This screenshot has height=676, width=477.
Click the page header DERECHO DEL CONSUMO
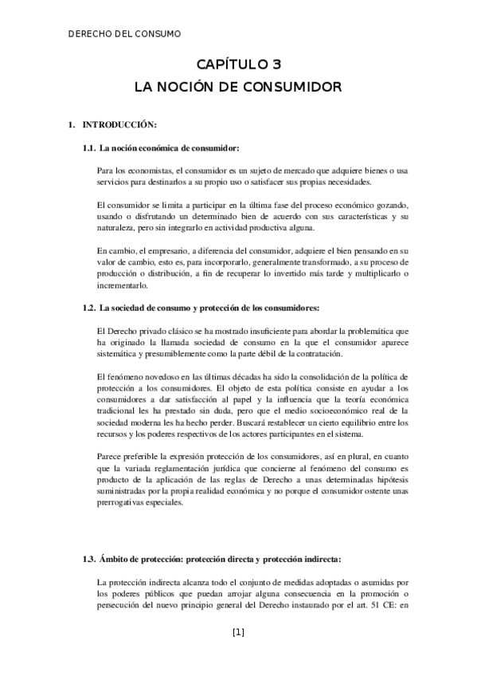[126, 33]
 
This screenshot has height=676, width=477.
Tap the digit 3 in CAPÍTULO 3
[276, 65]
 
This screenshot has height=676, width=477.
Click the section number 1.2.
[89, 308]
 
